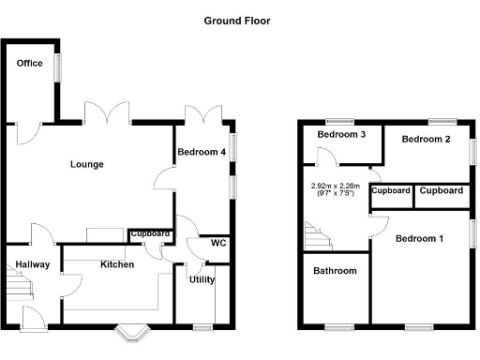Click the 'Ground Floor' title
[238, 20]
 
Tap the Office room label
[29, 63]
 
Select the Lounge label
[86, 164]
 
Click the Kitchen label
[117, 264]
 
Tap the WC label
[218, 243]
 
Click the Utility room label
[202, 279]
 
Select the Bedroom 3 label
[340, 135]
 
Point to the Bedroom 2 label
[427, 139]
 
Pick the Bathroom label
[336, 271]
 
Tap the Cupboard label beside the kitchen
[150, 233]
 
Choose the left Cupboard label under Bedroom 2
[392, 190]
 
